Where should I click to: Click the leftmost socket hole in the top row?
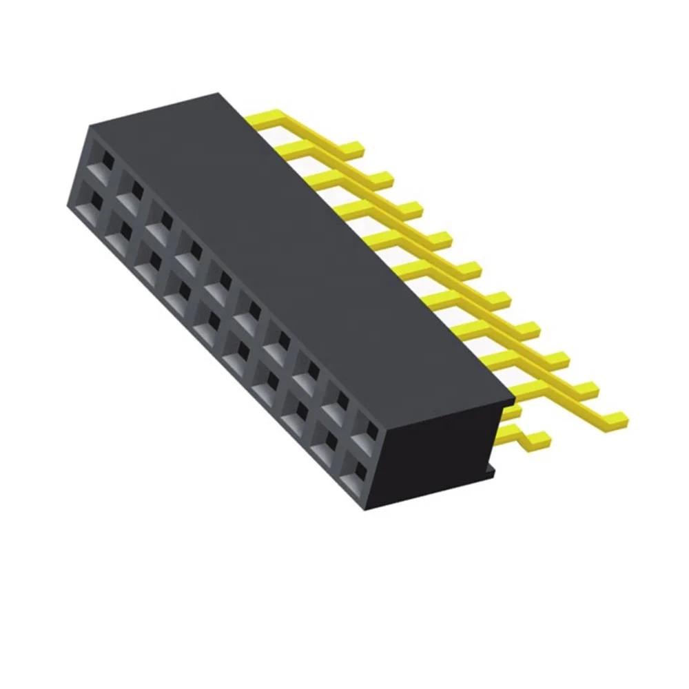click(105, 164)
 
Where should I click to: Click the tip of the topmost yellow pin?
click(354, 147)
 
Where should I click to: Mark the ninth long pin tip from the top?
click(590, 388)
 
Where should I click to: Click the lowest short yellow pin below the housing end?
click(540, 437)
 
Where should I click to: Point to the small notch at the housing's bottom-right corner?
click(491, 469)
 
